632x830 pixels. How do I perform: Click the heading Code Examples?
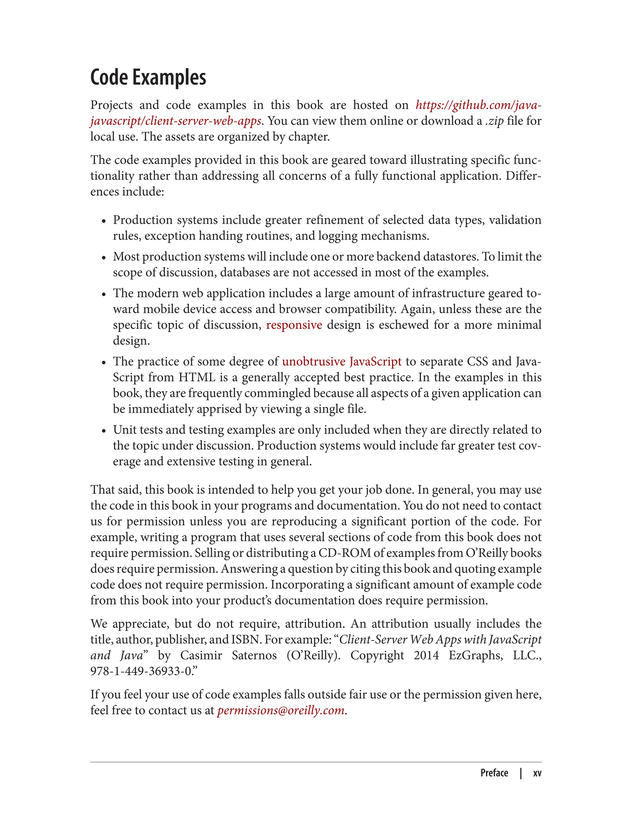point(148,78)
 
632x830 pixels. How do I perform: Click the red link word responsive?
point(294,325)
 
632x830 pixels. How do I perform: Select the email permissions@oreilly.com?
point(281,710)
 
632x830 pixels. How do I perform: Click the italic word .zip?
point(494,121)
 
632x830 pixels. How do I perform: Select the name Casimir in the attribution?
point(201,655)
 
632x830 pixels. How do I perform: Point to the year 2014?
point(426,655)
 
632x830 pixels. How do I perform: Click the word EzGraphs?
point(476,655)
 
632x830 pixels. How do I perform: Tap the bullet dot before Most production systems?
point(104,258)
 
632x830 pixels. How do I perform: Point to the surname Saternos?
point(254,655)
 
